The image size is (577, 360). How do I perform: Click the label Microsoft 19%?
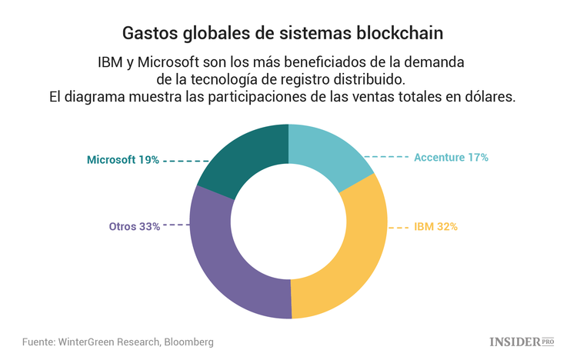(122, 160)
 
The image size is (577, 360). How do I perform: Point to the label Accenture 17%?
(451, 157)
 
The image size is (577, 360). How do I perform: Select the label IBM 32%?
(435, 227)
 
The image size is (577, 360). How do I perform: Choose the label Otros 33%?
(135, 226)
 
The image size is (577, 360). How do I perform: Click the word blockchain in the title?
(403, 34)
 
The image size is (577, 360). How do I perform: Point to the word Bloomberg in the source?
(187, 342)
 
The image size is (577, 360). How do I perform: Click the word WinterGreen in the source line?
(92, 342)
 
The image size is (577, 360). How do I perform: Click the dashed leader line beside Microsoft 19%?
(185, 161)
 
